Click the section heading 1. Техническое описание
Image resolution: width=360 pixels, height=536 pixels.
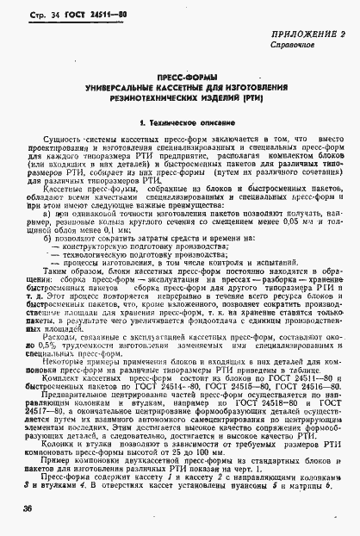tap(180, 126)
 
